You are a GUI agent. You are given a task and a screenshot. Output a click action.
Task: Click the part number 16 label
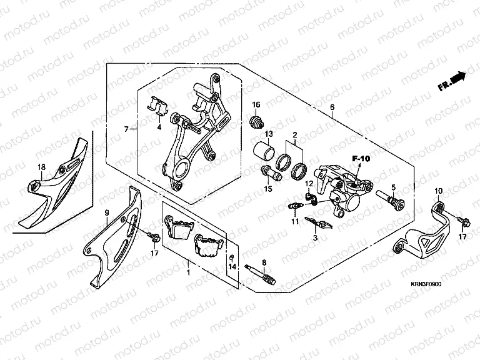[256, 104]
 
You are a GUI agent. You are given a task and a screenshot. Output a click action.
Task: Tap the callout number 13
[268, 135]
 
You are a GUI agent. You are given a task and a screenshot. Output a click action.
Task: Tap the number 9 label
[107, 212]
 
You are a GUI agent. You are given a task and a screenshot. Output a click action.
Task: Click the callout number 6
[332, 107]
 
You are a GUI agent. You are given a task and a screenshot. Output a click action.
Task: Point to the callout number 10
[438, 191]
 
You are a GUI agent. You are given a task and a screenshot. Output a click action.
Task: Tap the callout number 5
[394, 187]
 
